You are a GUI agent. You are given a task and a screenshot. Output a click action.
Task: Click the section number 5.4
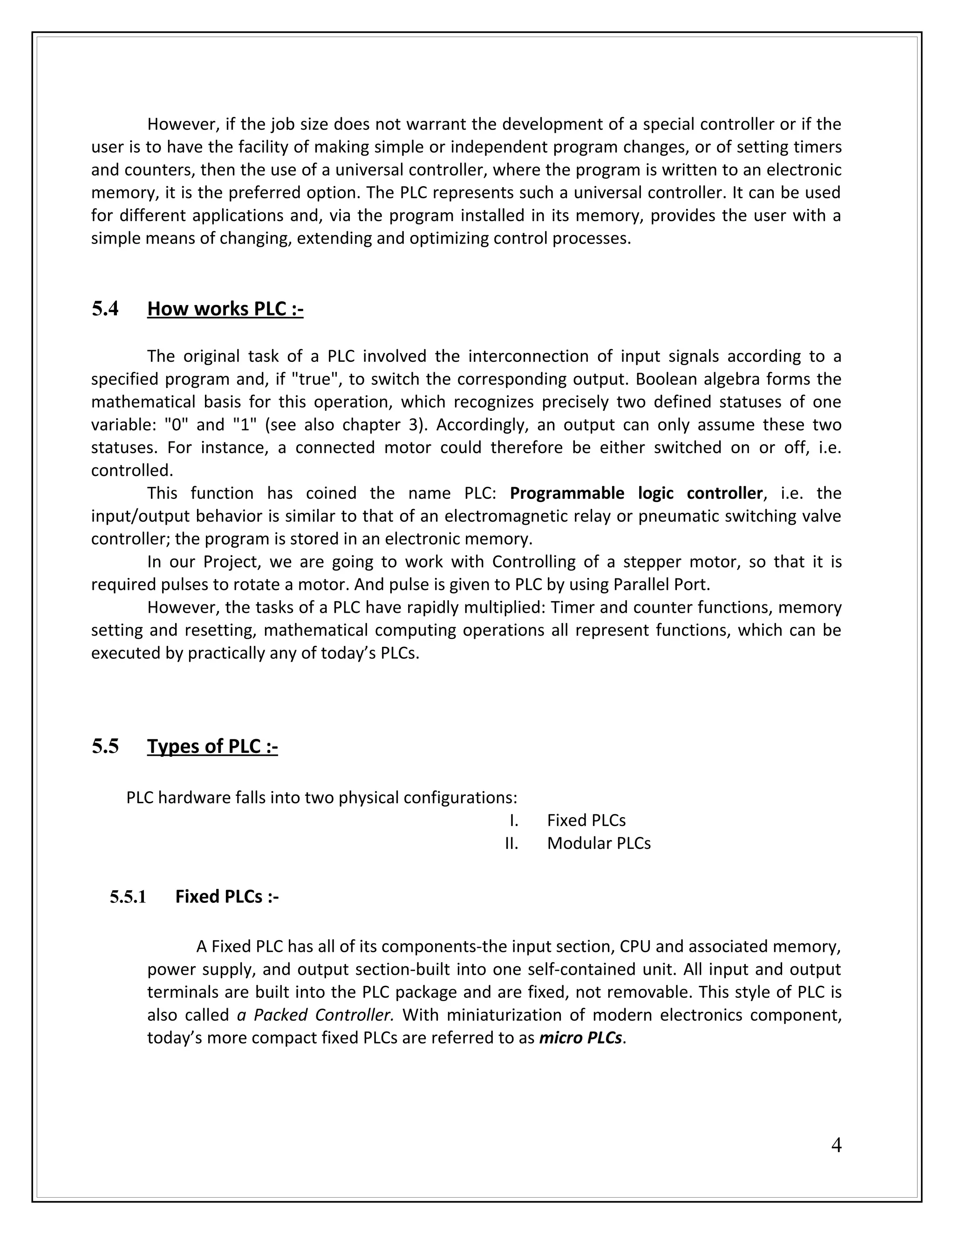[105, 309]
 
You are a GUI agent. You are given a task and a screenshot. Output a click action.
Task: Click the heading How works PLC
[225, 309]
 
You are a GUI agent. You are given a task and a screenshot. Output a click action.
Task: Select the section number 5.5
[105, 746]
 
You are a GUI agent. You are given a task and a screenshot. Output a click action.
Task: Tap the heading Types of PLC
[212, 746]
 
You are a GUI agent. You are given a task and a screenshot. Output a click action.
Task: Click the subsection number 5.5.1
[128, 897]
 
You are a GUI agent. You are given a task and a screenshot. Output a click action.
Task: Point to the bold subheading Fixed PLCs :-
[227, 897]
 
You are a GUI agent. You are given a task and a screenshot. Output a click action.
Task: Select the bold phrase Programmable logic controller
[636, 493]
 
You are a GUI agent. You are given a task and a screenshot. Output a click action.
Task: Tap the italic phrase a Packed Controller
[315, 1015]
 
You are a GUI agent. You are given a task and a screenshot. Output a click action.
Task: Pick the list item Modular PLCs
[599, 843]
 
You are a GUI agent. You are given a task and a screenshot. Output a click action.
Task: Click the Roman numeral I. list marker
[513, 820]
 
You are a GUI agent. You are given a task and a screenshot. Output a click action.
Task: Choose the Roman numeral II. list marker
[511, 843]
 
